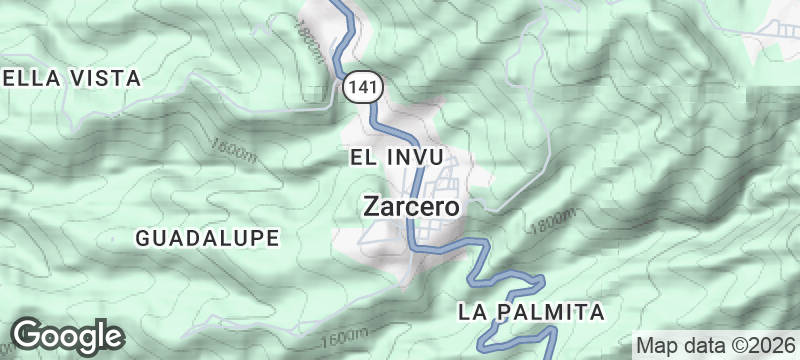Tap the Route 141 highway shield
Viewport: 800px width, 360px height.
tap(362, 88)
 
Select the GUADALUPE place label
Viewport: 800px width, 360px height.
tap(206, 237)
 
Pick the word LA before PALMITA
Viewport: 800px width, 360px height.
tap(472, 312)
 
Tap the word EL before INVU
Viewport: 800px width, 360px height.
tap(362, 157)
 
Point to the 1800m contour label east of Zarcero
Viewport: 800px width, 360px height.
tap(555, 221)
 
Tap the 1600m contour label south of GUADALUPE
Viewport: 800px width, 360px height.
tap(346, 334)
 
